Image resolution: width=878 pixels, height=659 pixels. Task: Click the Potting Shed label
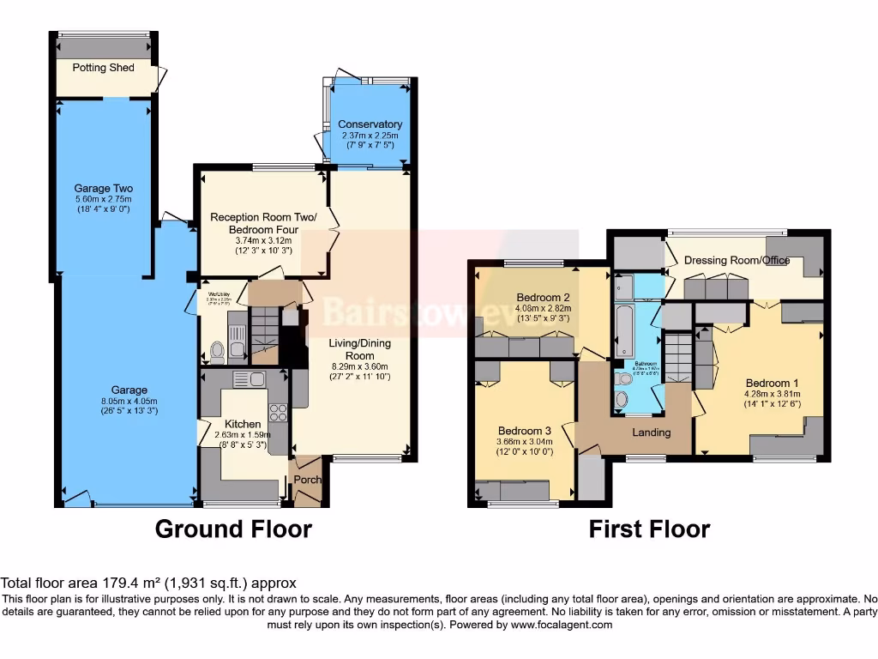coord(103,68)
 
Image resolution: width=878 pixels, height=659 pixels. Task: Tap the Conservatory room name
coord(370,124)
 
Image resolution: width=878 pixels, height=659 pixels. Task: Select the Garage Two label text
coord(103,188)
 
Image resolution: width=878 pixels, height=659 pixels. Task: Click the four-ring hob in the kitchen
coord(277,412)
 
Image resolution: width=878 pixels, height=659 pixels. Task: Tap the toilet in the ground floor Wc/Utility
coord(216,350)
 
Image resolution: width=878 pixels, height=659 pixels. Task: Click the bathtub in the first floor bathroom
coord(624,327)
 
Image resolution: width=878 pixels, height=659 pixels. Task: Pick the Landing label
coord(651,432)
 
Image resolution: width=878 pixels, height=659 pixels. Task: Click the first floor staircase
coord(678,358)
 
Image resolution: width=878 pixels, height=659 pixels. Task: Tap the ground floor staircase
coord(265,329)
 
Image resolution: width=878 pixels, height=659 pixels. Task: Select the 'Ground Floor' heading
coord(233,529)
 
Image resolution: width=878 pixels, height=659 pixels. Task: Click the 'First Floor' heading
coord(649,529)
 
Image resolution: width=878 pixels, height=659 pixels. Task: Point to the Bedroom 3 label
coord(524,431)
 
